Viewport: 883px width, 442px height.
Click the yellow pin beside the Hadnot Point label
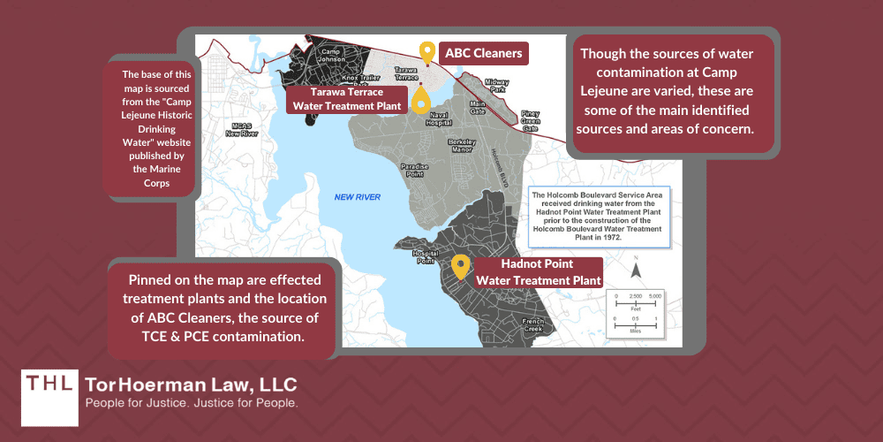tap(460, 265)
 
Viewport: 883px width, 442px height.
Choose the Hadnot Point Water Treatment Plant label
tap(539, 272)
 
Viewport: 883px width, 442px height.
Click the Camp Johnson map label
tap(330, 56)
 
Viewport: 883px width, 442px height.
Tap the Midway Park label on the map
tap(497, 85)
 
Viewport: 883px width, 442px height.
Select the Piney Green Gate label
tap(530, 120)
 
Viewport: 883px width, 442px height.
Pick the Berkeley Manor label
tap(462, 146)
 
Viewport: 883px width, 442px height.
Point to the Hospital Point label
tap(425, 256)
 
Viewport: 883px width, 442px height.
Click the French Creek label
tap(532, 324)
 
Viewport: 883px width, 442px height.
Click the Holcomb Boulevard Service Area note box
tap(600, 213)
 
